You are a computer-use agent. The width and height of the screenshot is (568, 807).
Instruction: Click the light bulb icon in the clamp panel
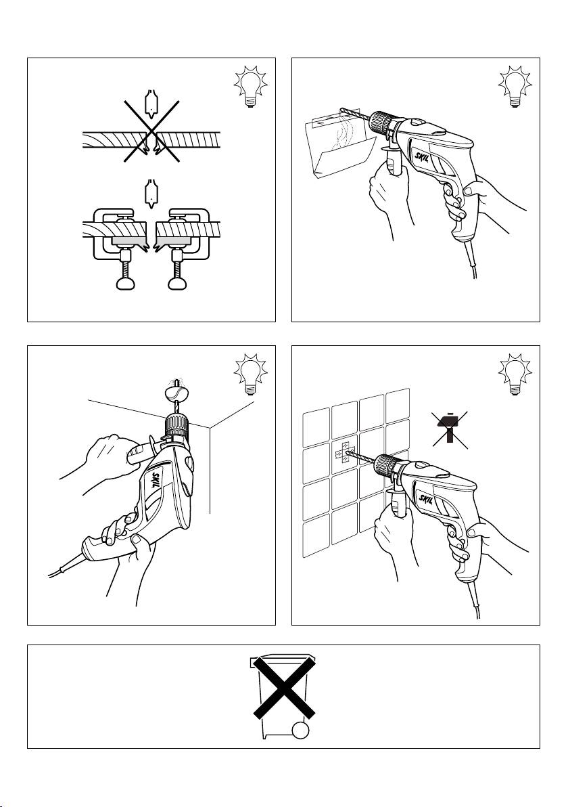tap(250, 86)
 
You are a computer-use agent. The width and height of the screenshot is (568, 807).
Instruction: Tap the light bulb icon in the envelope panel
tap(515, 86)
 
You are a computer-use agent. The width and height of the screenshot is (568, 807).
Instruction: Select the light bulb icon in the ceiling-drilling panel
tap(250, 374)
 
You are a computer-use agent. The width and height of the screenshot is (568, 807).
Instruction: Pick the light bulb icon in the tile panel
tap(515, 374)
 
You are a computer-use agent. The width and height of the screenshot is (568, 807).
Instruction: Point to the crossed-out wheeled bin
tap(283, 696)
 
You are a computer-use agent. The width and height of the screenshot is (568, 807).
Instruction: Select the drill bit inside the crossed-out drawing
tap(151, 105)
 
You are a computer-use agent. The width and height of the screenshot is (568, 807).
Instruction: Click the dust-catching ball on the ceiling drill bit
tap(174, 393)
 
